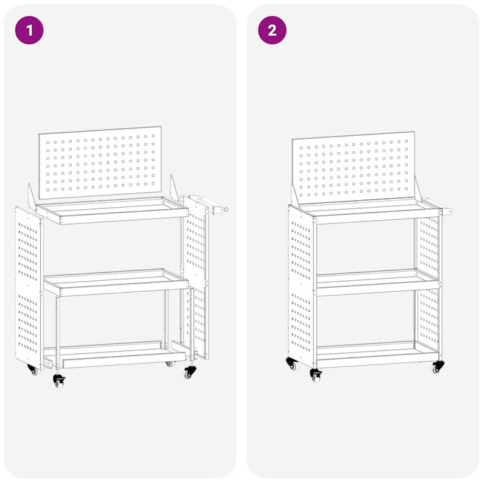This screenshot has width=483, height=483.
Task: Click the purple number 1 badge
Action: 29,30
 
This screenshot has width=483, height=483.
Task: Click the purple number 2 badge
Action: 272,30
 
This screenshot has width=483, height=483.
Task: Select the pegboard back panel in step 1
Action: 100,162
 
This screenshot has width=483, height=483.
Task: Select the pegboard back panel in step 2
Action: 353,168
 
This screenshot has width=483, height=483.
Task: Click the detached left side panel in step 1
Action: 28,286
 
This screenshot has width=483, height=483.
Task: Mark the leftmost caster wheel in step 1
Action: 32,370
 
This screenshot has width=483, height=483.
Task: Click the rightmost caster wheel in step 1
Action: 190,372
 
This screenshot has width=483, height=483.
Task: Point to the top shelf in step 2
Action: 366,210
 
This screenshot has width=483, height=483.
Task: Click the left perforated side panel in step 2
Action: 302,286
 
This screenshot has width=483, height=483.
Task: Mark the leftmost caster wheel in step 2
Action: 292,363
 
